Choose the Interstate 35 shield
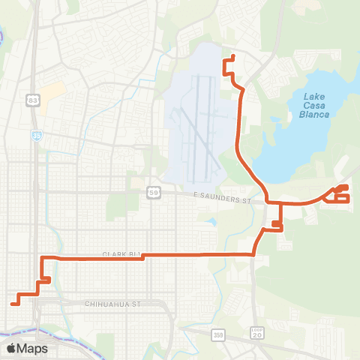pyautogui.click(x=36, y=136)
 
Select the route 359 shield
pyautogui.click(x=218, y=334)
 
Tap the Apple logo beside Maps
pyautogui.click(x=11, y=348)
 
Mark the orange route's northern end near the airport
pyautogui.click(x=234, y=57)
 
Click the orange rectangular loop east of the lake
pyautogui.click(x=341, y=197)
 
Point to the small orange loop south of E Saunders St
pyautogui.click(x=277, y=223)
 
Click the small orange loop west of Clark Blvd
pyautogui.click(x=45, y=280)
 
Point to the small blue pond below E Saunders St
pyautogui.click(x=210, y=222)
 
